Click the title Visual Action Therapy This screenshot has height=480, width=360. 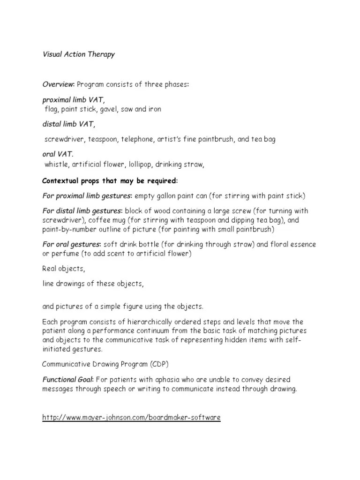click(78, 54)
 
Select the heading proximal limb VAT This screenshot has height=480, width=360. click(74, 100)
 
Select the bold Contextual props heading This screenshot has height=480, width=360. click(110, 180)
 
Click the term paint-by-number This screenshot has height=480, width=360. click(68, 230)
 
